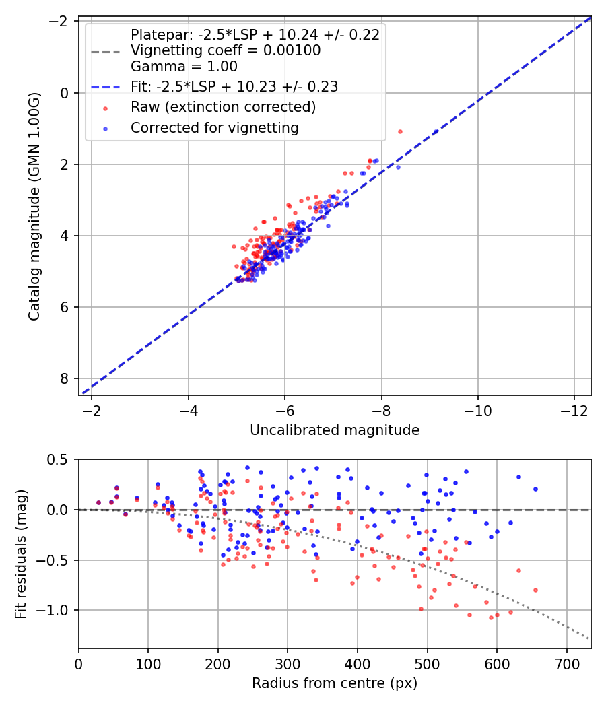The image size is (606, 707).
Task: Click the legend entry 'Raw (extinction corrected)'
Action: pyautogui.click(x=223, y=107)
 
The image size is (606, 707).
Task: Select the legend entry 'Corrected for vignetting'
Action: pyautogui.click(x=215, y=127)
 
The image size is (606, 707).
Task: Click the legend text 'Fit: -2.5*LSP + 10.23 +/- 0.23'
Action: pyautogui.click(x=234, y=86)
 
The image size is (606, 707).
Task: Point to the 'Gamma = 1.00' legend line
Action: pyautogui.click(x=184, y=67)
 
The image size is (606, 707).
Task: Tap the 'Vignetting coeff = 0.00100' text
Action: pyautogui.click(x=226, y=50)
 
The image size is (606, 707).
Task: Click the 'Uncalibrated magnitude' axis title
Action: pyautogui.click(x=335, y=430)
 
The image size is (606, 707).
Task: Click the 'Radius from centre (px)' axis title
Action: pyautogui.click(x=335, y=683)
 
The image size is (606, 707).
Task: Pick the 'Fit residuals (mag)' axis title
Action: pyautogui.click(x=21, y=554)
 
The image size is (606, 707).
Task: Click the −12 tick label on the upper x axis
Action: pyautogui.click(x=574, y=410)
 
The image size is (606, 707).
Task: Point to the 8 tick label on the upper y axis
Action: pyautogui.click(x=65, y=378)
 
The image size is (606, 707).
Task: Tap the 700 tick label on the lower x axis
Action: pyautogui.click(x=566, y=663)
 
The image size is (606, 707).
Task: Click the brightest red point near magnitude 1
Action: pyautogui.click(x=400, y=131)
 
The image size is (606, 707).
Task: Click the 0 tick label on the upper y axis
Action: pyautogui.click(x=65, y=93)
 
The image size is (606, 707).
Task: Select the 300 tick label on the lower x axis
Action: pyautogui.click(x=288, y=663)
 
